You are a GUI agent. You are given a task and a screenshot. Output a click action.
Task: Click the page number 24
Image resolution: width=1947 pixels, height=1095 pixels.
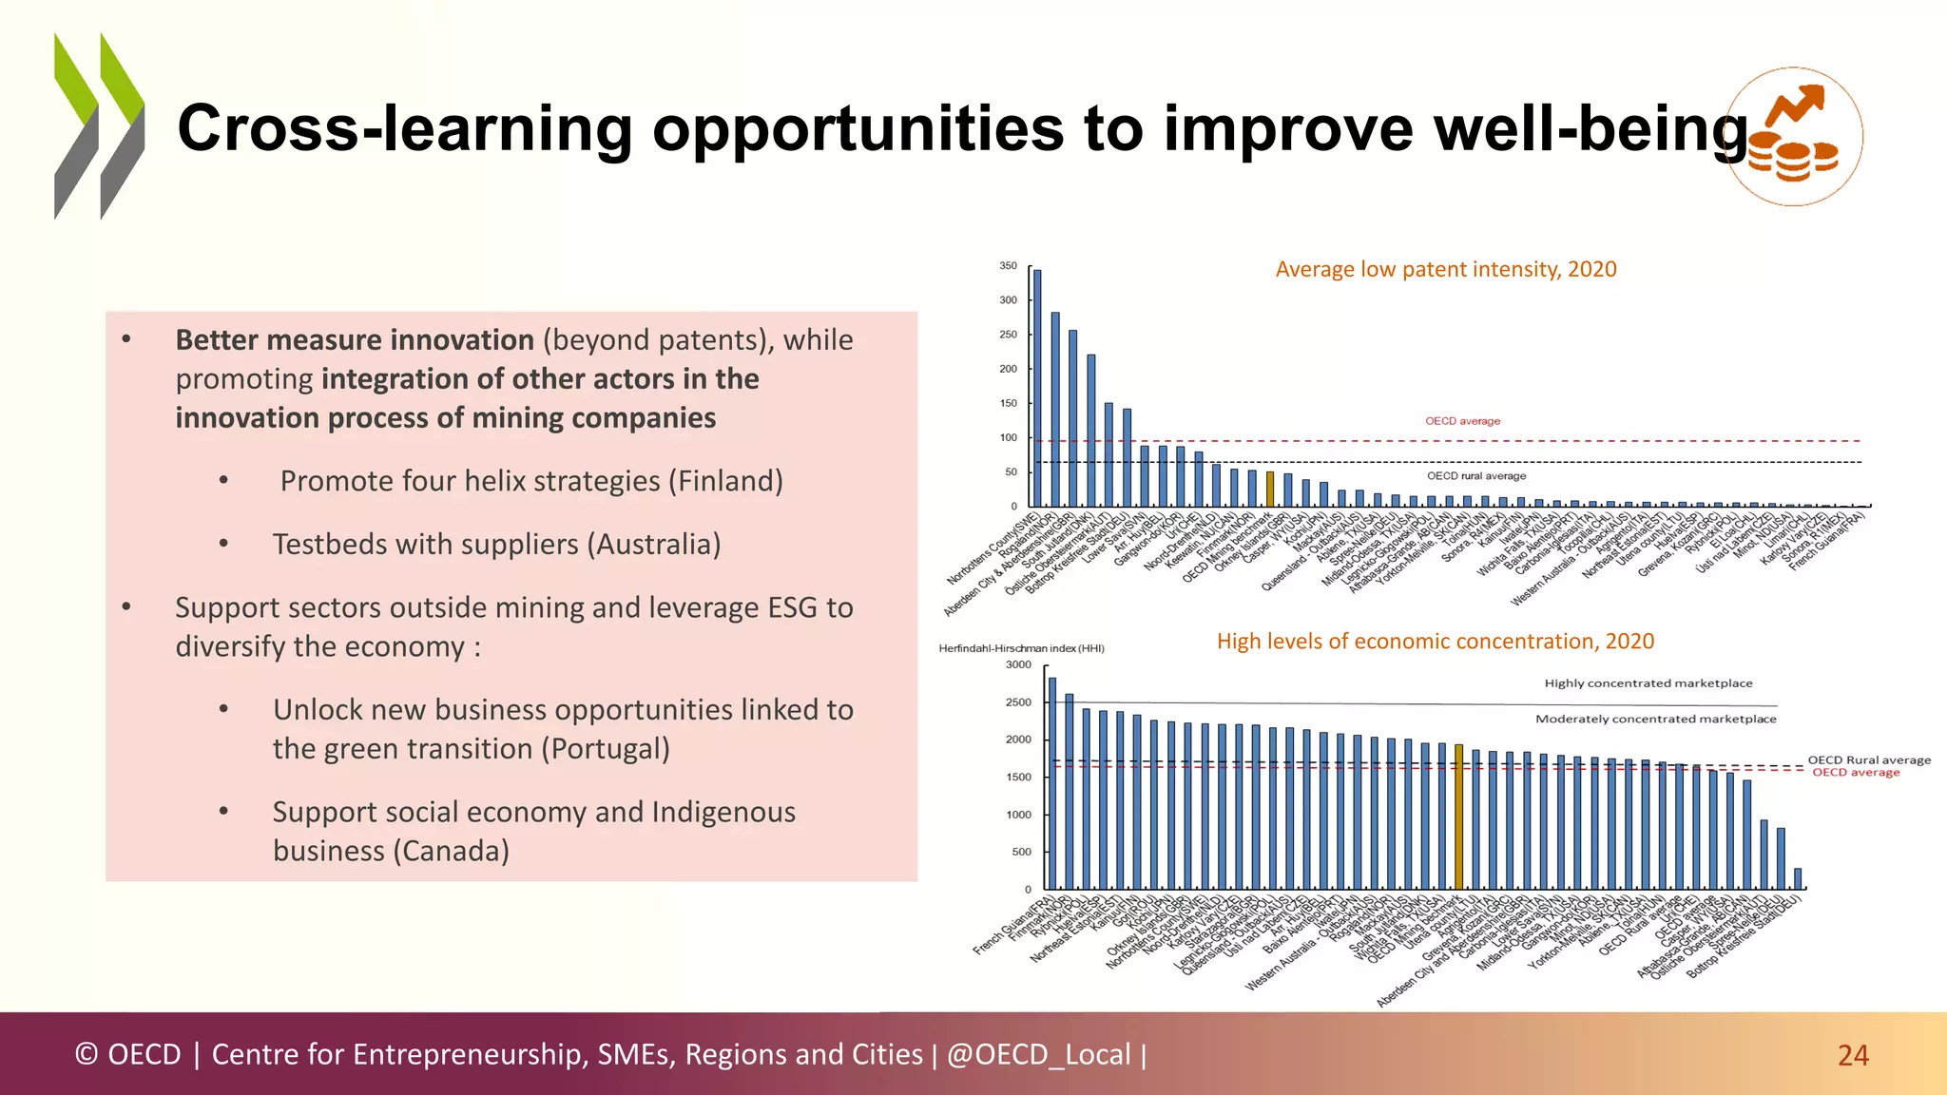click(1853, 1055)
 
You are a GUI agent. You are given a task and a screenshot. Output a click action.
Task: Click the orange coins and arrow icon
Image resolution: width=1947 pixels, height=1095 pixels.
click(1793, 137)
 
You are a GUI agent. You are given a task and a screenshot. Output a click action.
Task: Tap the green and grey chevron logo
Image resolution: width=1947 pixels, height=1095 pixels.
click(99, 126)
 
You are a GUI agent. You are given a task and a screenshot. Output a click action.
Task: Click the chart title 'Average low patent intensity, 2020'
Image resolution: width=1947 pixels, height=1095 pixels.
click(1445, 270)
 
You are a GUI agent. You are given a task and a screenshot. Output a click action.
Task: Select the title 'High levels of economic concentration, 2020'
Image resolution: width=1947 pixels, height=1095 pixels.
click(1435, 642)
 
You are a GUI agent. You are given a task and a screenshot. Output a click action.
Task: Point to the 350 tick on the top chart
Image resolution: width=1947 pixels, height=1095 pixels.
click(1008, 266)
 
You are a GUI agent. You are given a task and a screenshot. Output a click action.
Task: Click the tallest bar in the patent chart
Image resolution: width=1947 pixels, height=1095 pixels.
click(1037, 388)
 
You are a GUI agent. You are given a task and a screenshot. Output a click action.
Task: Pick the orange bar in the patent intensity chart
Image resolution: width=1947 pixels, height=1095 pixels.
click(1270, 489)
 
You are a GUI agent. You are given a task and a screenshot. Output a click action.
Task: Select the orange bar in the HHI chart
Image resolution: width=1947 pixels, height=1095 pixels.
click(1459, 816)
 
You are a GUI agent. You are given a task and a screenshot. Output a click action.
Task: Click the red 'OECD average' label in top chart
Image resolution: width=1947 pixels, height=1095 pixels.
click(1462, 421)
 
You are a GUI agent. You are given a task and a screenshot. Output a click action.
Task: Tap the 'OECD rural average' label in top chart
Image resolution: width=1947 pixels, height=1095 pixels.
click(1475, 476)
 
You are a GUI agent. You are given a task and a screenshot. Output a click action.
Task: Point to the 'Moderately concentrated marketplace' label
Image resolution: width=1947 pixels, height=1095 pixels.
click(1655, 720)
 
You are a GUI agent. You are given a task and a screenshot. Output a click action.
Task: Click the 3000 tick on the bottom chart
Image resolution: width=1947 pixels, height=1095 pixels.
click(1018, 665)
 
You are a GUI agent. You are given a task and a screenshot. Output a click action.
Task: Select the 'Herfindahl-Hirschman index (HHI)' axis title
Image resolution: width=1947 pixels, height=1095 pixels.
click(1021, 649)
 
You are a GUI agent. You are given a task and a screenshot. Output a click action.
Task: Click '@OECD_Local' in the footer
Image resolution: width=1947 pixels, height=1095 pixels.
click(1038, 1055)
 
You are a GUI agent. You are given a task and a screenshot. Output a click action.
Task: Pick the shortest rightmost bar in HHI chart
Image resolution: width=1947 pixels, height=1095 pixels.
click(1797, 878)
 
